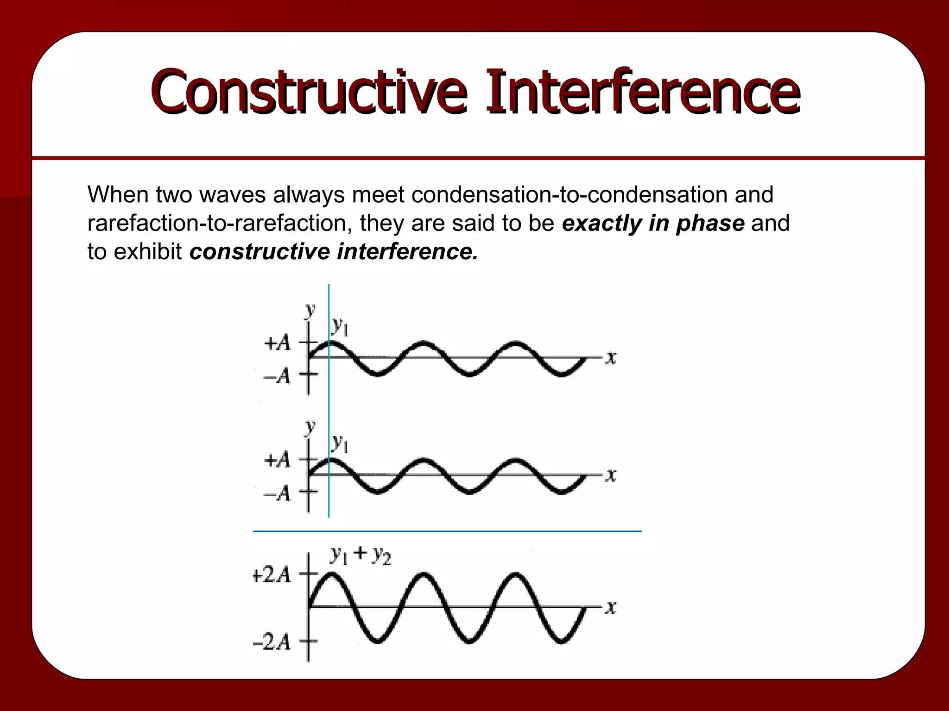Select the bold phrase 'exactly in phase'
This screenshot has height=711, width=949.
653,223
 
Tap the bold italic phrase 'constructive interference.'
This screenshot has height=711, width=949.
333,252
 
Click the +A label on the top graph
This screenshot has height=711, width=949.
277,343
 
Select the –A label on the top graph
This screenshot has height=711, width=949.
277,376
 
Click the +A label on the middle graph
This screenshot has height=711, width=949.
277,460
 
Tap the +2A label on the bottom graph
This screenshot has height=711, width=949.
272,575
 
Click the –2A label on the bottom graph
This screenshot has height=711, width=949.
272,642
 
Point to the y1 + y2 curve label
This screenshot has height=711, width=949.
361,555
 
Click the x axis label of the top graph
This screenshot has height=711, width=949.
611,357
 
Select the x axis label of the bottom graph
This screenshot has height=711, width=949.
611,607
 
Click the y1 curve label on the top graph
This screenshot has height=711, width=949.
340,327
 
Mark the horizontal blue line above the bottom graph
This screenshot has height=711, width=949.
447,531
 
